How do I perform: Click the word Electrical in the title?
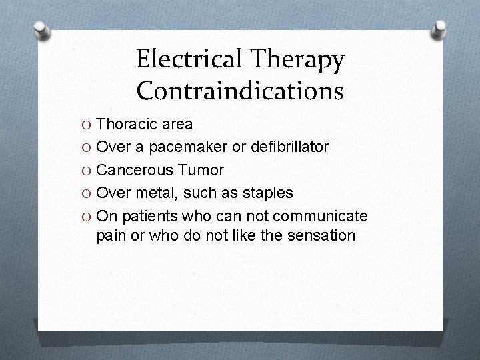[191, 60]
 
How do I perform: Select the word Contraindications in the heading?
[240, 90]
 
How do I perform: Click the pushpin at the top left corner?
[41, 29]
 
